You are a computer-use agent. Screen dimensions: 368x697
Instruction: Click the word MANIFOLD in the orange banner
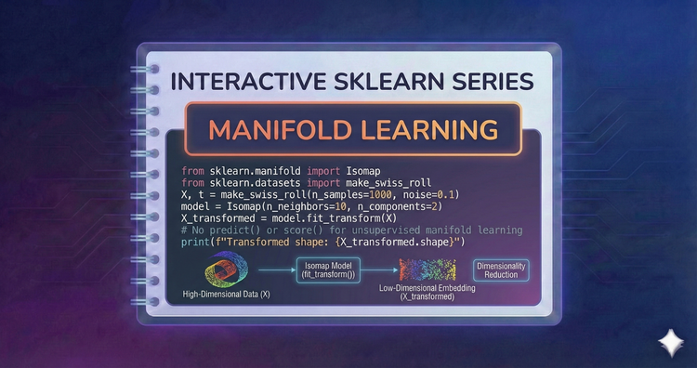279,129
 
